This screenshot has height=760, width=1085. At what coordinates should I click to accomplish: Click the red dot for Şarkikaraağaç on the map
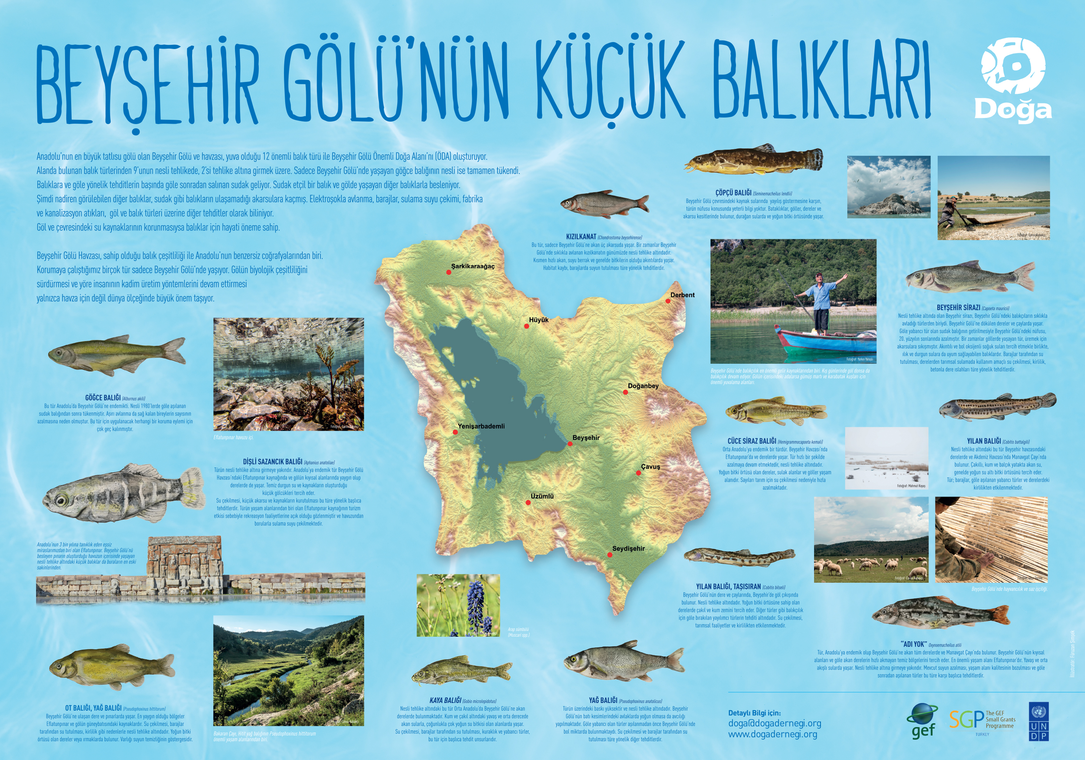tap(449, 272)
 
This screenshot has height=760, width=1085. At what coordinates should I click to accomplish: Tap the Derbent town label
tap(682, 295)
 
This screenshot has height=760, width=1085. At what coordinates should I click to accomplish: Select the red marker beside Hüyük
tap(527, 326)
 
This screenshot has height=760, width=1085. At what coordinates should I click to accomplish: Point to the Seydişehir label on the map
tap(628, 548)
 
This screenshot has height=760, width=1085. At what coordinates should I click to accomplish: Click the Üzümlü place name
tap(542, 496)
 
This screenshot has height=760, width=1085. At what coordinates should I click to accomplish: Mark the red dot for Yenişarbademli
tap(455, 432)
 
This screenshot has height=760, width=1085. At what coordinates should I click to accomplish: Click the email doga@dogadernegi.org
tap(774, 723)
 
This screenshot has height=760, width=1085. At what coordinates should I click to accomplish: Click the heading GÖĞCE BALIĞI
tap(103, 398)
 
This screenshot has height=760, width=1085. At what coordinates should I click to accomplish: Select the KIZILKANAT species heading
tap(581, 236)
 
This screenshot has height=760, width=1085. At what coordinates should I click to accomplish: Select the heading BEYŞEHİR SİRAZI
tap(958, 307)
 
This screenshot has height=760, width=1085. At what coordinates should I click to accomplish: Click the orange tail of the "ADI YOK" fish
tap(998, 615)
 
